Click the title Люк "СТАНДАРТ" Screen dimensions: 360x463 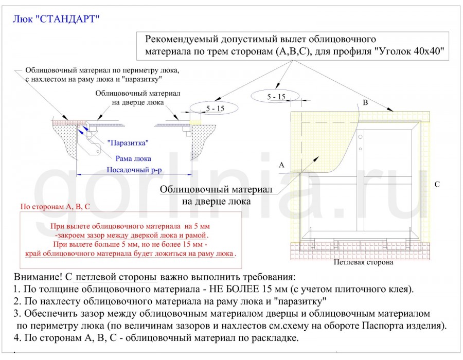pos(56,19)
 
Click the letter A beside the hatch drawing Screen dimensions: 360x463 pos(281,165)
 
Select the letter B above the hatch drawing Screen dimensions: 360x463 pos(365,103)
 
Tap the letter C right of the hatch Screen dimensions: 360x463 pos(437,184)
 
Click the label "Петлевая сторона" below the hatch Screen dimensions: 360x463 pos(363,262)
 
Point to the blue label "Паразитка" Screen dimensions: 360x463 pos(128,142)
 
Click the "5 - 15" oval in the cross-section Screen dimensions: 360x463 pos(215,108)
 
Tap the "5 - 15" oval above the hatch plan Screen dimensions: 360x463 pos(276,96)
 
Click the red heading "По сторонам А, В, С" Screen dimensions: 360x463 pos(55,207)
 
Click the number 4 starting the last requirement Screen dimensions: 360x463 pos(17,338)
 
